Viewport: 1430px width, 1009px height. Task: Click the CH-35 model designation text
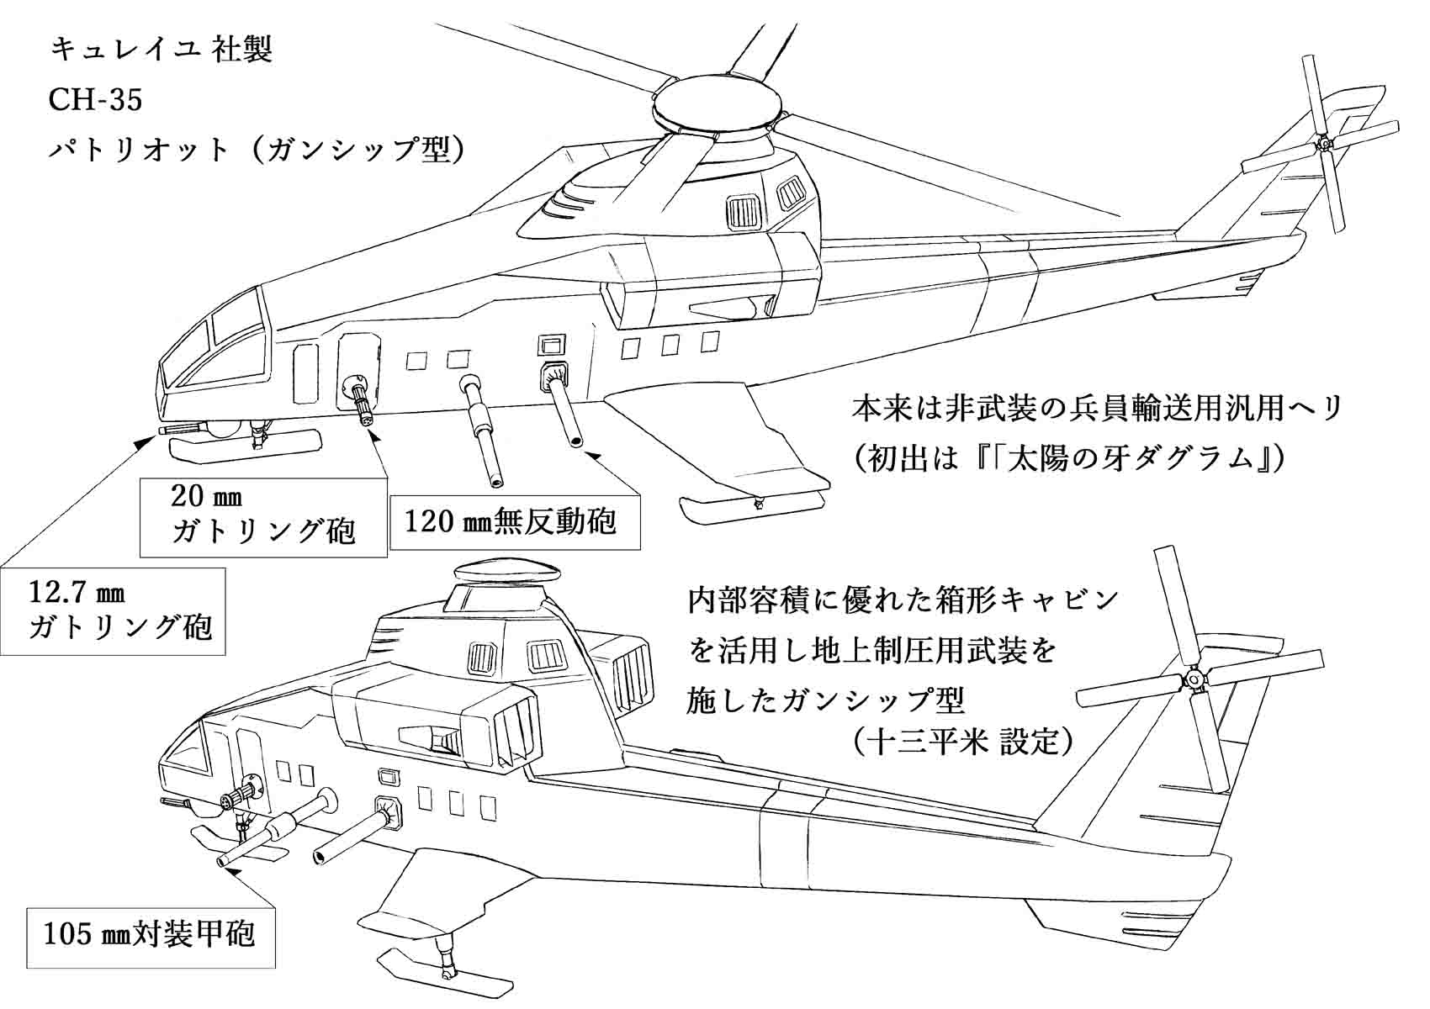[95, 100]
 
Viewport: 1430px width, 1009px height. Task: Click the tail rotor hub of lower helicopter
[1192, 679]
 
